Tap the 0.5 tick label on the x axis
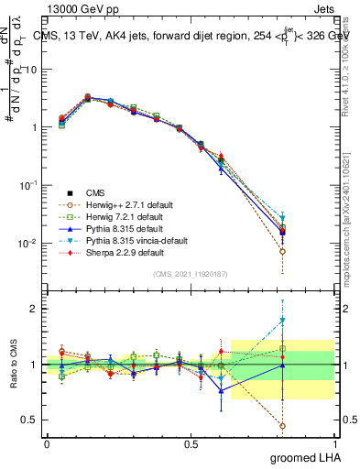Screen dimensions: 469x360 191,443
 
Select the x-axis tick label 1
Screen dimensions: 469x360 334,443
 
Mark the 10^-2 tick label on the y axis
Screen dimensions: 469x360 27,244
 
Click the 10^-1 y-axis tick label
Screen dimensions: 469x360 27,186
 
